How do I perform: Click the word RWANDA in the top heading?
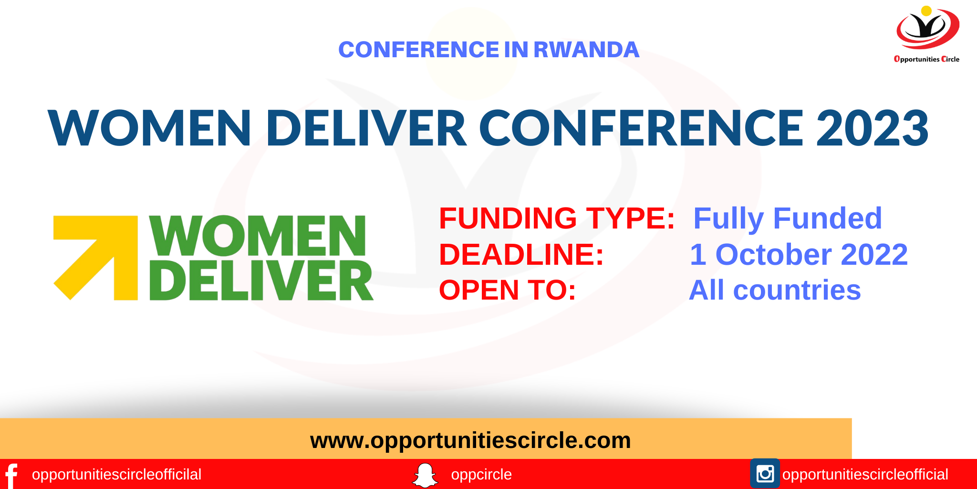[586, 50]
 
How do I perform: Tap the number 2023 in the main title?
[872, 128]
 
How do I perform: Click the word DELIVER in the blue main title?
[366, 128]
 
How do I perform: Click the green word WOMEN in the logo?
[258, 236]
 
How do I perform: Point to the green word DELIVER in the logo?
[261, 281]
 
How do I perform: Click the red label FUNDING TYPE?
[556, 218]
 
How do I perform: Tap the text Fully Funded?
[787, 218]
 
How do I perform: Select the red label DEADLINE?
[521, 254]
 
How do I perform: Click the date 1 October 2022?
[799, 254]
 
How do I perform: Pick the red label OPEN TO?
[507, 290]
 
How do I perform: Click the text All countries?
[775, 290]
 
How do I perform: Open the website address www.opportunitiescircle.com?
[470, 440]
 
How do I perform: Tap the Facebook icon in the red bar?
[11, 475]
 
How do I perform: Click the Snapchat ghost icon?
[425, 475]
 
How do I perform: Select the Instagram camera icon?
[765, 474]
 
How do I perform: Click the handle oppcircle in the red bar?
[481, 475]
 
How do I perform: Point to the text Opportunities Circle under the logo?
[926, 59]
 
